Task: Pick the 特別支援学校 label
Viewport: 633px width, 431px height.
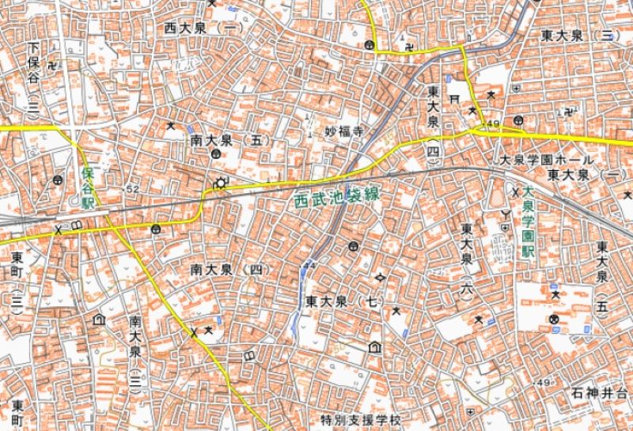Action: point(361,418)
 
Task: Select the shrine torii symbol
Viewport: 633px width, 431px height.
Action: point(454,100)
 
